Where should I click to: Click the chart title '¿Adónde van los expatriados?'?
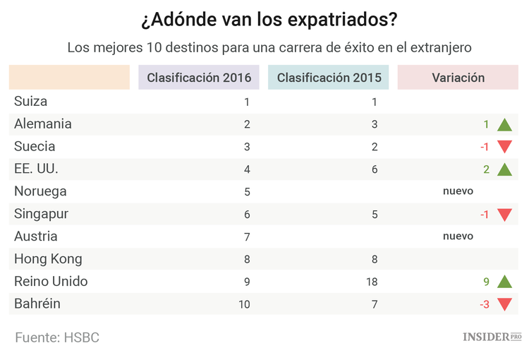pyautogui.click(x=264, y=20)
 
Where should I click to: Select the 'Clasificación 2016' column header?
pyautogui.click(x=199, y=78)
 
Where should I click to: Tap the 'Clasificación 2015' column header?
pyautogui.click(x=329, y=78)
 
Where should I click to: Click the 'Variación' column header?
pyautogui.click(x=458, y=78)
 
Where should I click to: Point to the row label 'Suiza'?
pyautogui.click(x=30, y=102)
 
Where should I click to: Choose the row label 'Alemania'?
pyautogui.click(x=43, y=124)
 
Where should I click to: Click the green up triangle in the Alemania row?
pyautogui.click(x=504, y=125)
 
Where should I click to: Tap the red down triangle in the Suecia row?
pyautogui.click(x=504, y=148)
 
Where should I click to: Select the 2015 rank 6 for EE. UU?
pyautogui.click(x=375, y=169)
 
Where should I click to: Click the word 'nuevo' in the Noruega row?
pyautogui.click(x=458, y=191)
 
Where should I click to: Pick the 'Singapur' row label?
pyautogui.click(x=41, y=214)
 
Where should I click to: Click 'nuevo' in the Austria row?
pyautogui.click(x=458, y=236)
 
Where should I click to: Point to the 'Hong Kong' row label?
pyautogui.click(x=48, y=259)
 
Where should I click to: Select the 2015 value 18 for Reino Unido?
pyautogui.click(x=372, y=282)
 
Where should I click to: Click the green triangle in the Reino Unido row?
pyautogui.click(x=504, y=282)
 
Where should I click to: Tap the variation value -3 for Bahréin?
pyautogui.click(x=484, y=304)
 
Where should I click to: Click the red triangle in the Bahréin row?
pyautogui.click(x=504, y=305)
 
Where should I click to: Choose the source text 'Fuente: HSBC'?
pyautogui.click(x=57, y=337)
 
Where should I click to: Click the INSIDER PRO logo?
pyautogui.click(x=492, y=337)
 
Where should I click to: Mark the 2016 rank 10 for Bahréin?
pyautogui.click(x=243, y=304)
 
